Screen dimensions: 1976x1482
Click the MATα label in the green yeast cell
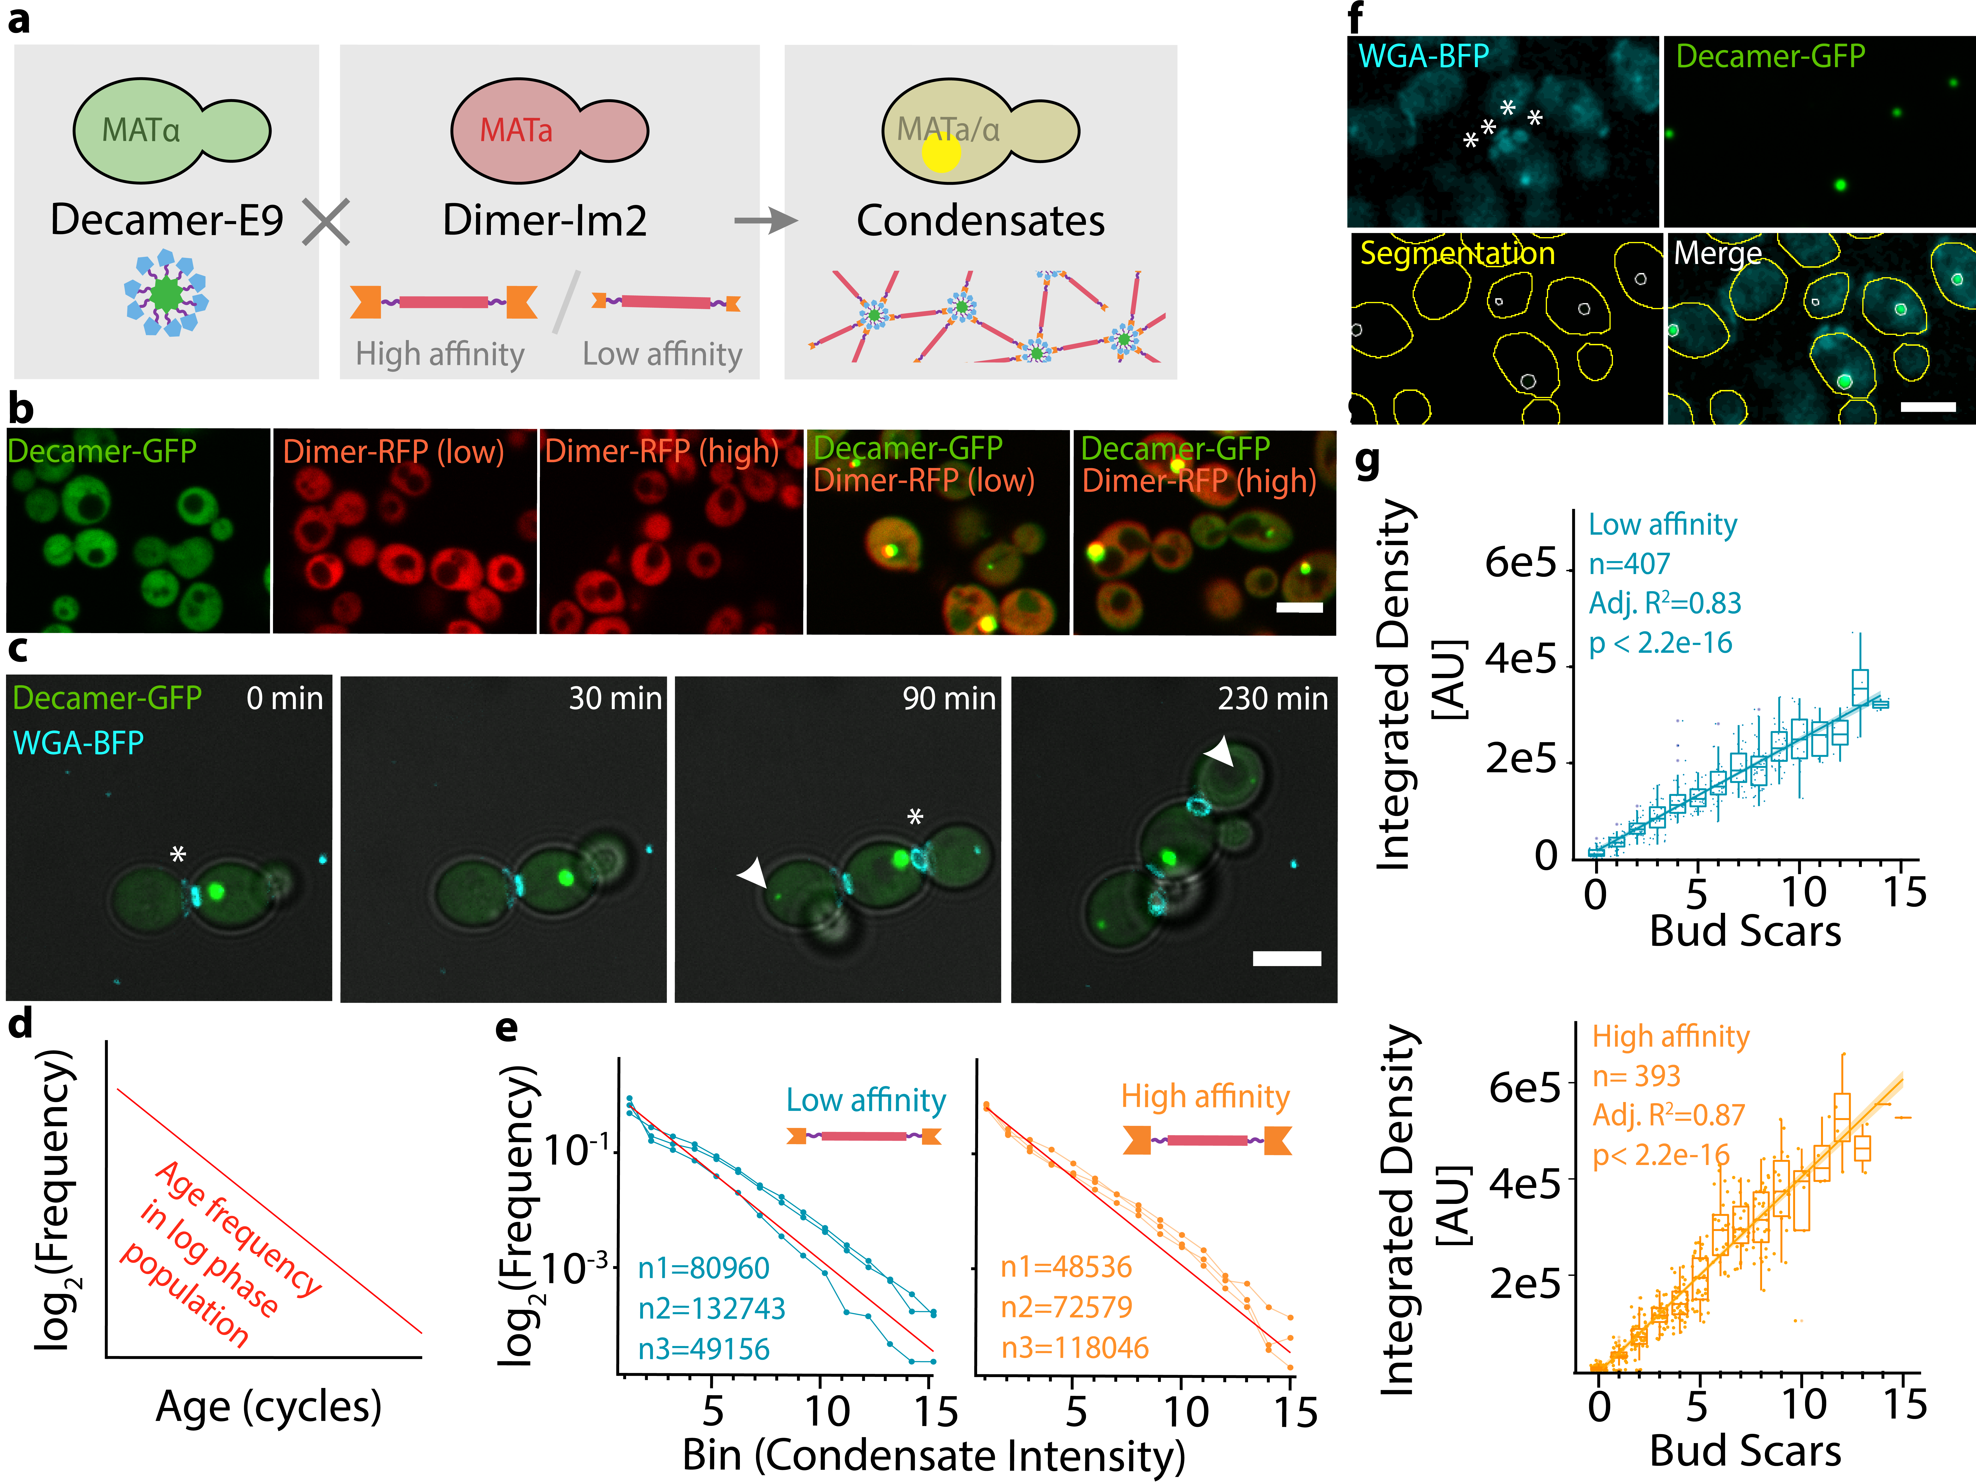pos(141,130)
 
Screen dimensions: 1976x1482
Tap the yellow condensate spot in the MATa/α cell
pos(941,152)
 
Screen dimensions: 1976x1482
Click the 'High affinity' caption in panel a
pos(439,355)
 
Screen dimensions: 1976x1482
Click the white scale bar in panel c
pos(1286,958)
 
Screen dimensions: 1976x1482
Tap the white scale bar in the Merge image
pos(1928,406)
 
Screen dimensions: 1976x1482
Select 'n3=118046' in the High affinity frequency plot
pos(1075,1347)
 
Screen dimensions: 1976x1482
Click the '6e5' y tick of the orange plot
pos(1524,1088)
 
